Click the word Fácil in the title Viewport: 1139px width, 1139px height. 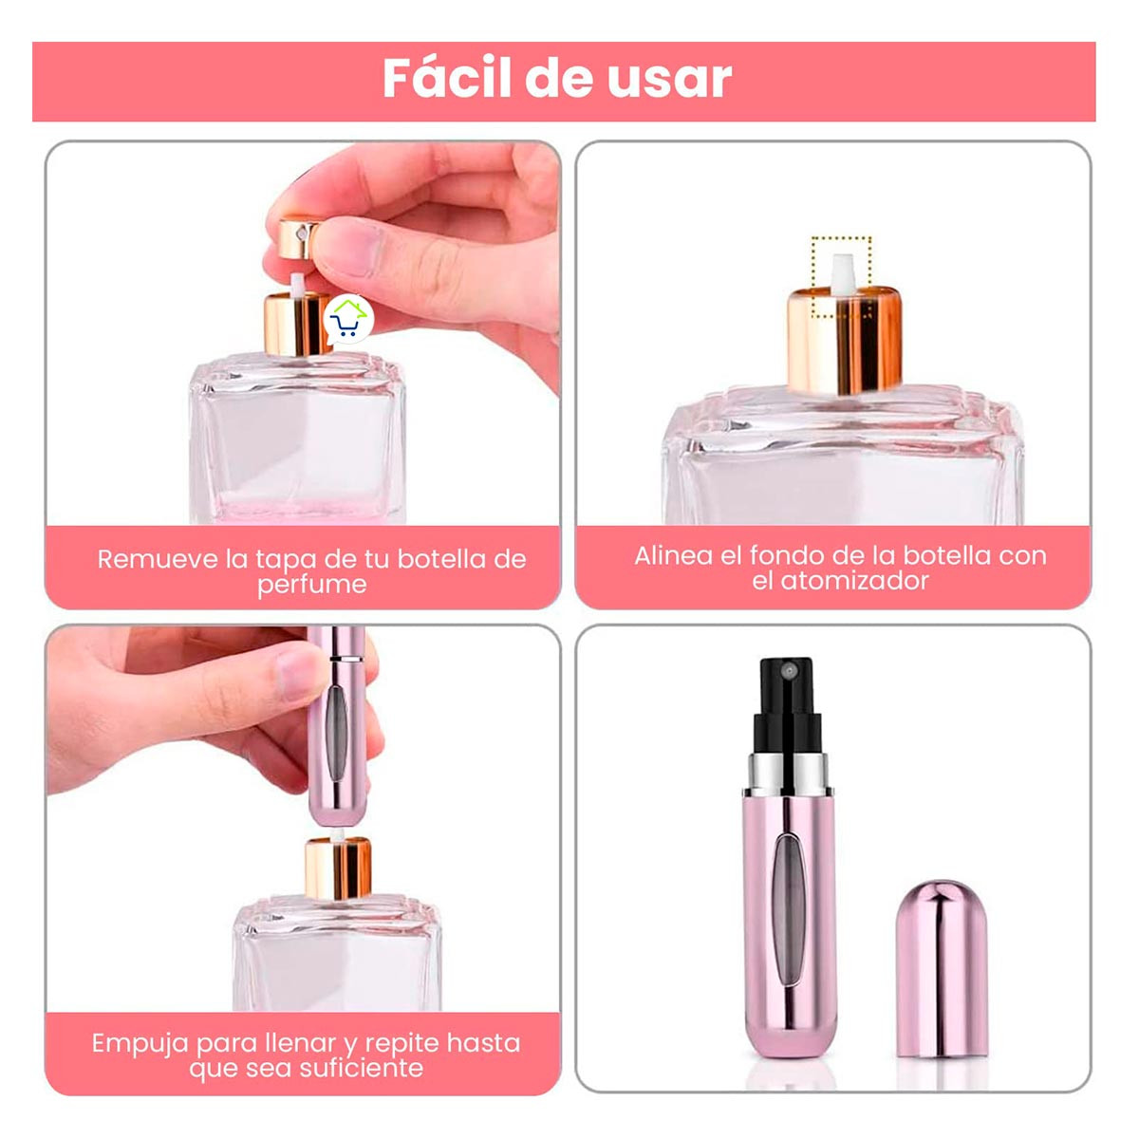[x=446, y=79]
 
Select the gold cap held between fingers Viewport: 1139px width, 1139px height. [x=301, y=240]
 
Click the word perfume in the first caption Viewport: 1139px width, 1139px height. [x=311, y=585]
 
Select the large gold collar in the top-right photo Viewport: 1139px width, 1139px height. [x=844, y=342]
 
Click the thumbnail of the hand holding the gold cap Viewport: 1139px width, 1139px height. [x=303, y=332]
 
